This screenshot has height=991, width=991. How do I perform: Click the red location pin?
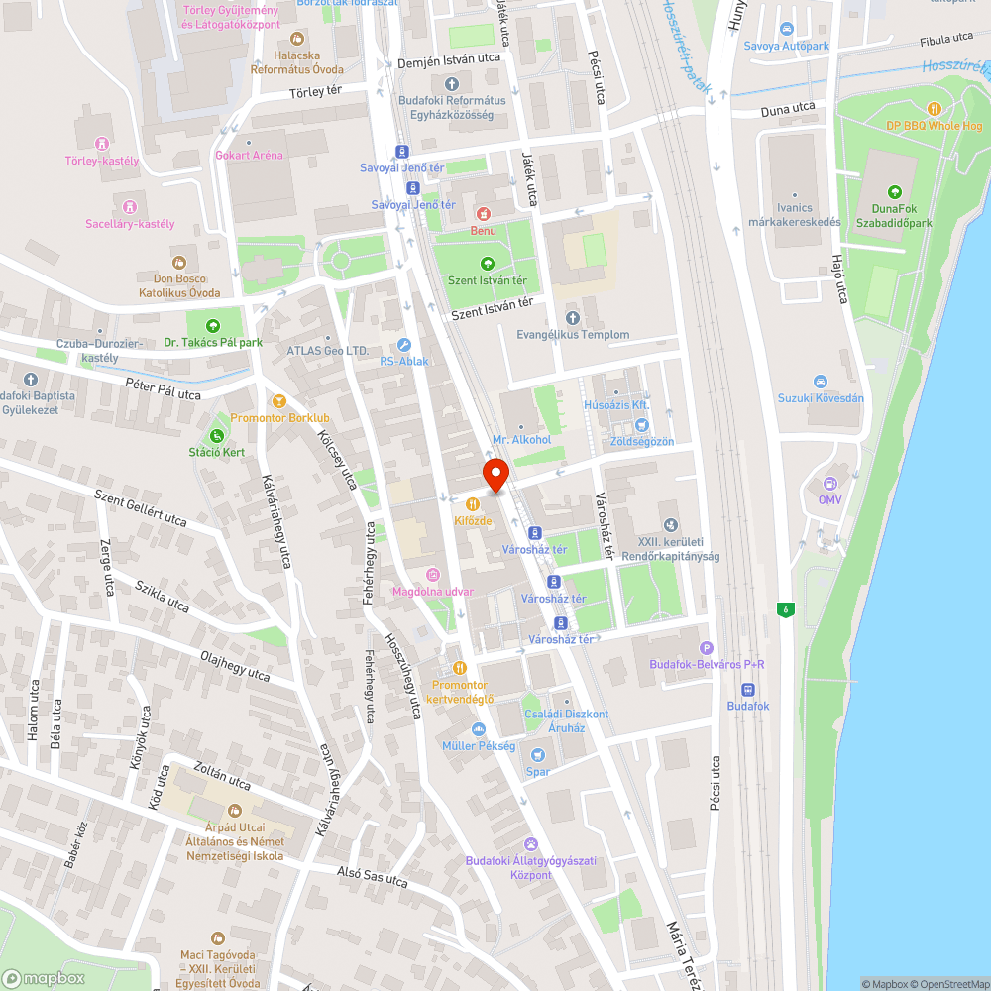coord(495,475)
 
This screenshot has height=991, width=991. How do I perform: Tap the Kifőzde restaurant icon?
coord(471,503)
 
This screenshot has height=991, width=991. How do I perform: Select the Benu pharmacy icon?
coord(483,213)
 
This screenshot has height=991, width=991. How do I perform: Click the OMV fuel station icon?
coord(829,484)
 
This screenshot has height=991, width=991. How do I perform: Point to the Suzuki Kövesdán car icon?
coord(820,382)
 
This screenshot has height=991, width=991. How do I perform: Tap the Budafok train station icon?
coord(747,690)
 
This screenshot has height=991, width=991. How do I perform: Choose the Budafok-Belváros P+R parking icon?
coord(706,647)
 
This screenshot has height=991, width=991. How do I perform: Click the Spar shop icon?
coord(537,754)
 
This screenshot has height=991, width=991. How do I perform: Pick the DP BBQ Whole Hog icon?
coord(933,108)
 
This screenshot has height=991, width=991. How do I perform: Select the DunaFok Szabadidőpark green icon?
coord(894,191)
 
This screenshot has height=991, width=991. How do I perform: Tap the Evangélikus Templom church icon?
coord(572,318)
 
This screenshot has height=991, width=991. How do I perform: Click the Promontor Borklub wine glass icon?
coord(280,400)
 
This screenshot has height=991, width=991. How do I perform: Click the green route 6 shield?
coord(786,608)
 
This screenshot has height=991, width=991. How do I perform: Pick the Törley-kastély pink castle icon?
coord(101,145)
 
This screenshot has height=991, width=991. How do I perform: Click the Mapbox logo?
coord(44,977)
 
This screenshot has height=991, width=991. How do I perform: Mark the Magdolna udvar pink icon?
coord(432,575)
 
